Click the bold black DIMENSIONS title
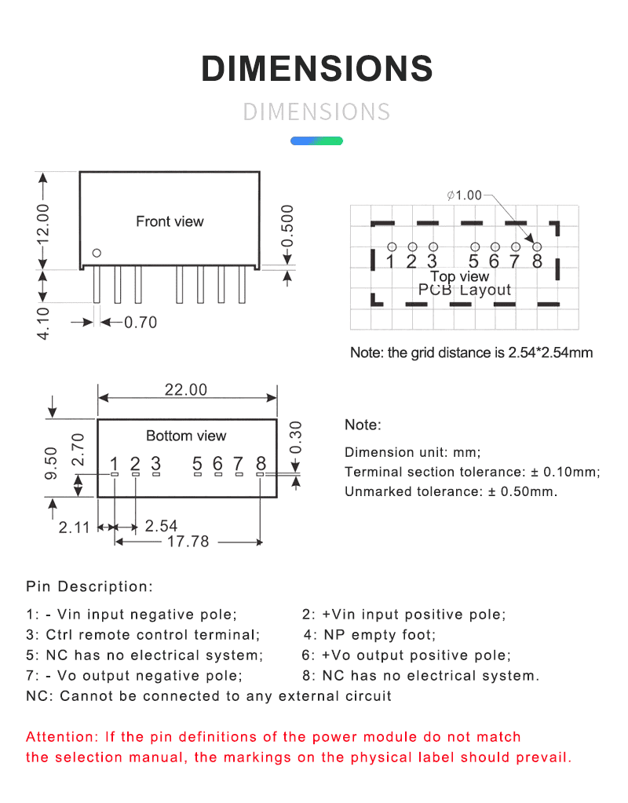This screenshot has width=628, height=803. click(x=317, y=69)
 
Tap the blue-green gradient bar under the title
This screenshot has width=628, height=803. click(x=316, y=141)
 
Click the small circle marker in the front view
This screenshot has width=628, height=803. click(x=97, y=253)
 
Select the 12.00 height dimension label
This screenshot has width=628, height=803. click(x=44, y=223)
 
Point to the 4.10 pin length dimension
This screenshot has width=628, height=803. click(x=44, y=323)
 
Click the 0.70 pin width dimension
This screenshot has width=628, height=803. click(x=141, y=322)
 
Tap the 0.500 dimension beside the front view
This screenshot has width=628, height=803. click(x=287, y=224)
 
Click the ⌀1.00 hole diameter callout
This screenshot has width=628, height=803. click(x=465, y=195)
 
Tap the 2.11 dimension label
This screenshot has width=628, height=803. click(x=75, y=527)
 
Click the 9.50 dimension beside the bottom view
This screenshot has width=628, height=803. click(x=51, y=462)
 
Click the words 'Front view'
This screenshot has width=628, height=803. click(x=170, y=221)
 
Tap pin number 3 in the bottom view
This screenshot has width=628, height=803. click(x=155, y=464)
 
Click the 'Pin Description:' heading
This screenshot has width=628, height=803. click(x=89, y=586)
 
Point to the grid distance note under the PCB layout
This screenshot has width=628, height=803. click(x=471, y=352)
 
